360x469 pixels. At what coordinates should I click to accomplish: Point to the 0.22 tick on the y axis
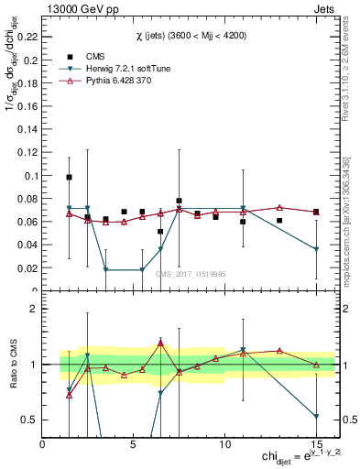point(26,38)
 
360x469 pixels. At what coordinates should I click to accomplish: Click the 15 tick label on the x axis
point(315,444)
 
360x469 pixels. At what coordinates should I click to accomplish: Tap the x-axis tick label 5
point(134,444)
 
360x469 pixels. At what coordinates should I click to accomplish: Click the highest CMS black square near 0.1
point(70,177)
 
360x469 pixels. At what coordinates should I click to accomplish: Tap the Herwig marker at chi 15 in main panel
point(315,249)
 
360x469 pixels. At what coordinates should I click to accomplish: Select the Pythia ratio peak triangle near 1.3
point(160,344)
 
